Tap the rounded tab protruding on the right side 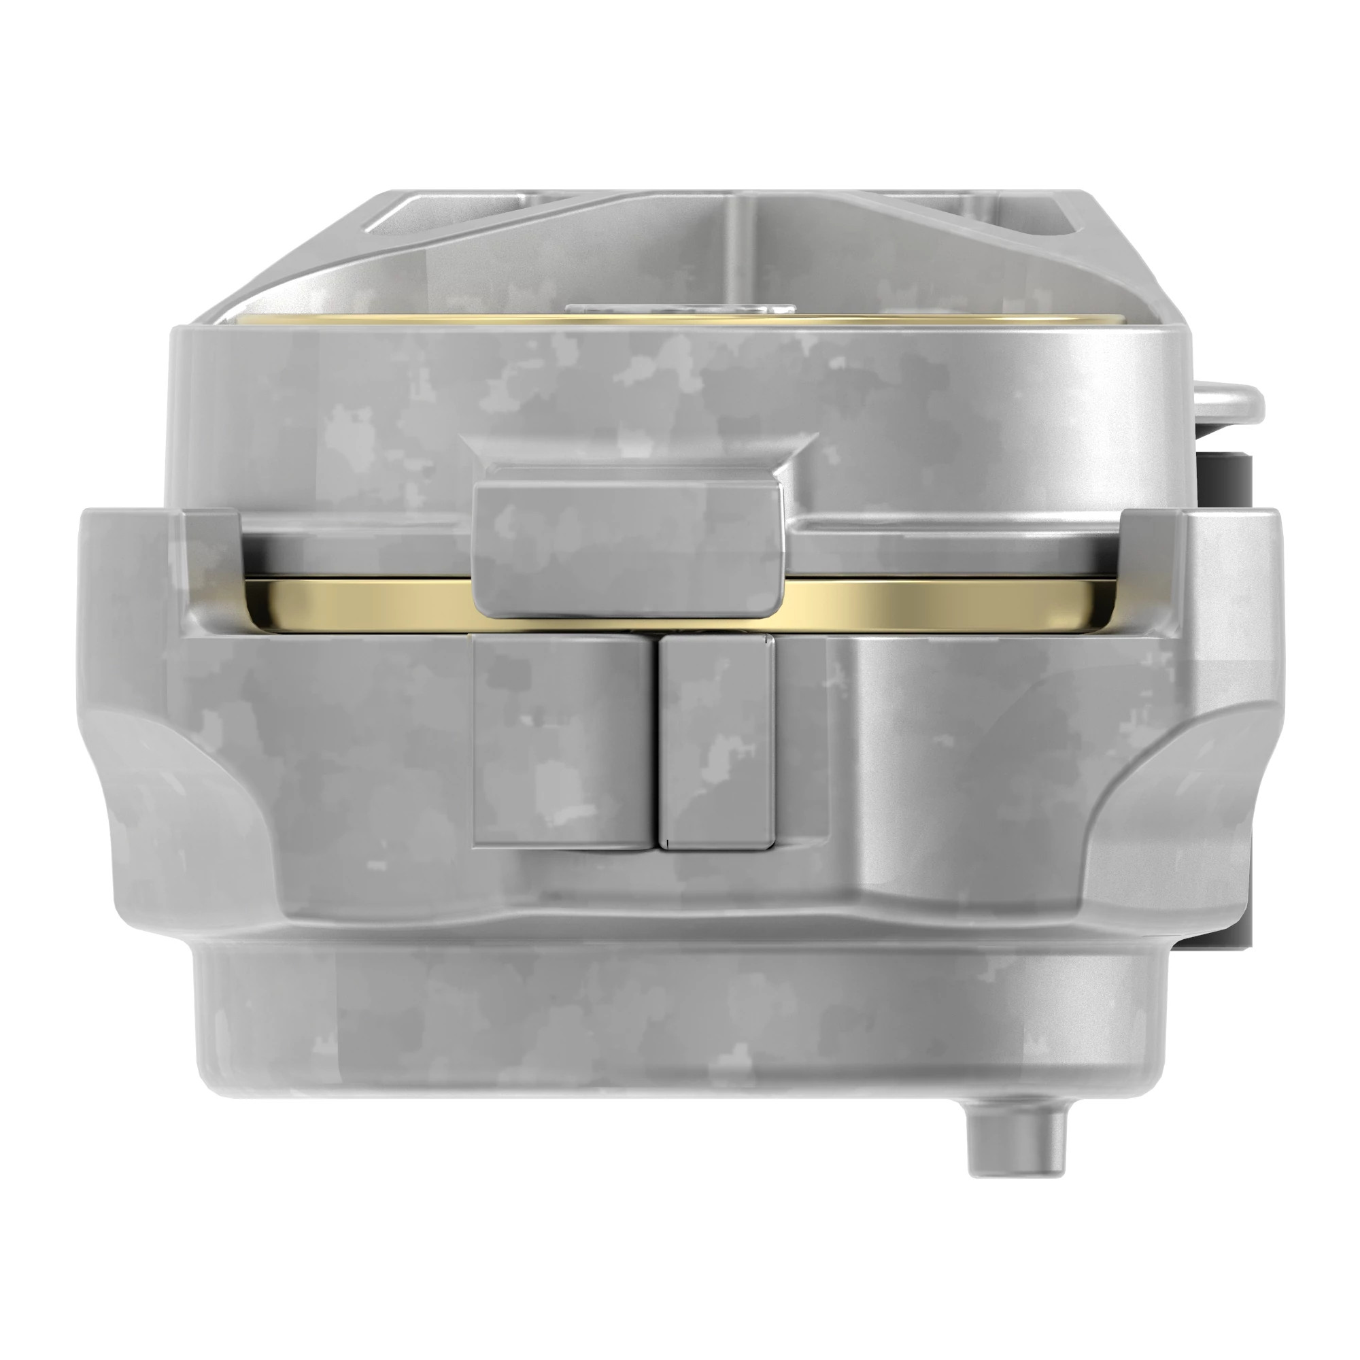tap(1228, 403)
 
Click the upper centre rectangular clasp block tap(628, 540)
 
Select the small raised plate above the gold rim tap(679, 308)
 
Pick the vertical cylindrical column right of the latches tap(908, 760)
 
